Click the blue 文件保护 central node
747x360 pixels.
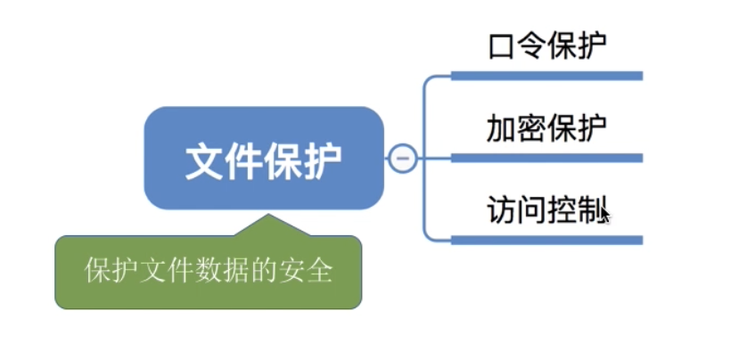264,158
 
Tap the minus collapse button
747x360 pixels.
403,158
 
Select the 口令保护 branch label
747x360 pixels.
547,47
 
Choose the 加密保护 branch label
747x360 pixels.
547,129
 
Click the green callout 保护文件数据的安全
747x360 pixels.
209,272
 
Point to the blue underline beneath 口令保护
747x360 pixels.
547,76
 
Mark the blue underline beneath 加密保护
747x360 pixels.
547,158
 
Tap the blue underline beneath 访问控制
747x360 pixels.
547,240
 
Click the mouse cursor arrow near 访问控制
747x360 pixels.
605,213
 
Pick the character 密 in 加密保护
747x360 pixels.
531,129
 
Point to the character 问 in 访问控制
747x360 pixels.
531,210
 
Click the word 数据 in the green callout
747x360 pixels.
222,272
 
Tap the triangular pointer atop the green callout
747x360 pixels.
268,225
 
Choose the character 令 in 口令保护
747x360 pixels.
531,47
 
